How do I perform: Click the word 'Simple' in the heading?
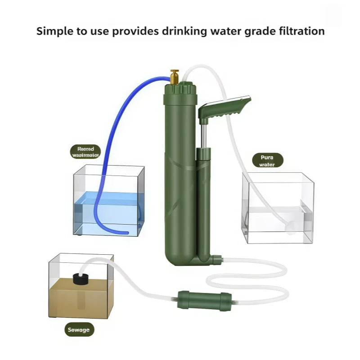53,31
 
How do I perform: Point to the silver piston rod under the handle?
203,135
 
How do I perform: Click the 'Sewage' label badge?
79,330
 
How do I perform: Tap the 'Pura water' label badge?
267,160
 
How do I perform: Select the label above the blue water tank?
85,151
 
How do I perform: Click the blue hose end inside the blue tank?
126,232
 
